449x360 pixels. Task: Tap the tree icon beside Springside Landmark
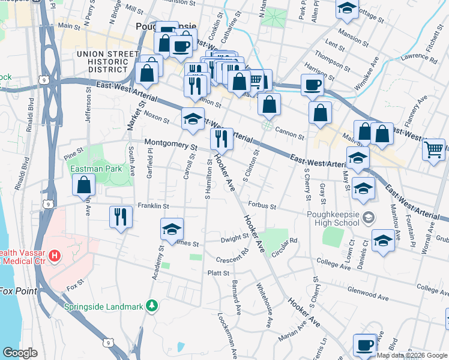152,306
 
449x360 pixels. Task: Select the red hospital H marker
55,257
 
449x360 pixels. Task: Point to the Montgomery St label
171,145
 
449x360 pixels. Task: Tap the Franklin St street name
154,206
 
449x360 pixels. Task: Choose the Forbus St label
261,207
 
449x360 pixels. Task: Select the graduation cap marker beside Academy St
172,230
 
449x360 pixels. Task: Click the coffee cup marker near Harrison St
312,85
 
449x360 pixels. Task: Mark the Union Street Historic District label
102,62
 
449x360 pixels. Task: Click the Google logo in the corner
19,353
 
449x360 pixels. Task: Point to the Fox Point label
18,292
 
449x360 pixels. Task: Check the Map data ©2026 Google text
412,355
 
